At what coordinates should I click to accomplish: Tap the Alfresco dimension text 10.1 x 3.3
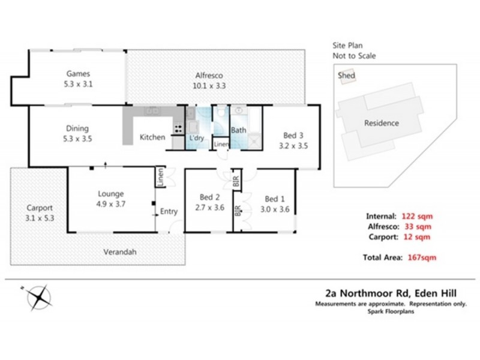point(209,86)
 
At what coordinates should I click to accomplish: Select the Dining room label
point(77,128)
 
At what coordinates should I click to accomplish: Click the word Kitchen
point(152,137)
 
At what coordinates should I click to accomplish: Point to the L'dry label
point(196,137)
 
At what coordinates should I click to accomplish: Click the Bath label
point(238,130)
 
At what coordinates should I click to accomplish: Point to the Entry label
point(169,211)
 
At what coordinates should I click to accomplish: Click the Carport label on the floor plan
point(40,208)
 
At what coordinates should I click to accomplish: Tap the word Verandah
point(119,252)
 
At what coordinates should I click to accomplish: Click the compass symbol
point(38,296)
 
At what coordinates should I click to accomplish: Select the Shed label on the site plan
point(346,76)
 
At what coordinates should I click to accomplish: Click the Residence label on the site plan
point(382,124)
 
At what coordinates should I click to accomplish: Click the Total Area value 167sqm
point(419,257)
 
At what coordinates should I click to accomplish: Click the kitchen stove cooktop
point(177,128)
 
